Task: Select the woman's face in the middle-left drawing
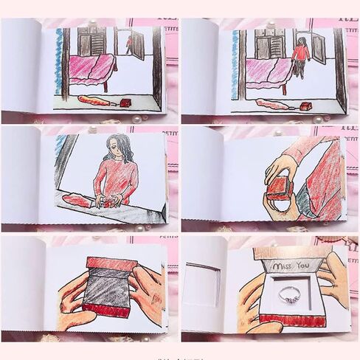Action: [x=117, y=148]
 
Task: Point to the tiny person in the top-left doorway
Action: [x=130, y=45]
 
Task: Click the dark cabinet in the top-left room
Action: [x=92, y=42]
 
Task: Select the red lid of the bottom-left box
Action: [x=111, y=263]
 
